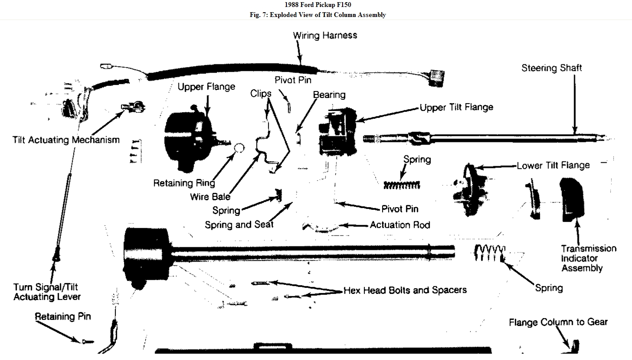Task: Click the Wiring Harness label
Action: click(x=325, y=35)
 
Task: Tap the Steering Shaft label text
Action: click(x=551, y=68)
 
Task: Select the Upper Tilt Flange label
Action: click(x=456, y=107)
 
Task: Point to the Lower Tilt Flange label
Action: click(x=553, y=165)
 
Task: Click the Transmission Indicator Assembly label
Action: click(x=588, y=258)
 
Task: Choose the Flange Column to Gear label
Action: click(x=558, y=322)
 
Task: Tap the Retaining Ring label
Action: click(x=184, y=183)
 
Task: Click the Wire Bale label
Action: click(x=210, y=196)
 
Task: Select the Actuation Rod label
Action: click(x=400, y=225)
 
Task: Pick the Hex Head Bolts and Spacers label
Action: click(x=405, y=290)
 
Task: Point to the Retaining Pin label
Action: click(x=63, y=316)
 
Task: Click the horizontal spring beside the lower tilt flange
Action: click(x=401, y=185)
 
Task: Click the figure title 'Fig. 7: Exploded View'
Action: click(x=316, y=15)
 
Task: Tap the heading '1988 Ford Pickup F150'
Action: click(x=316, y=5)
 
